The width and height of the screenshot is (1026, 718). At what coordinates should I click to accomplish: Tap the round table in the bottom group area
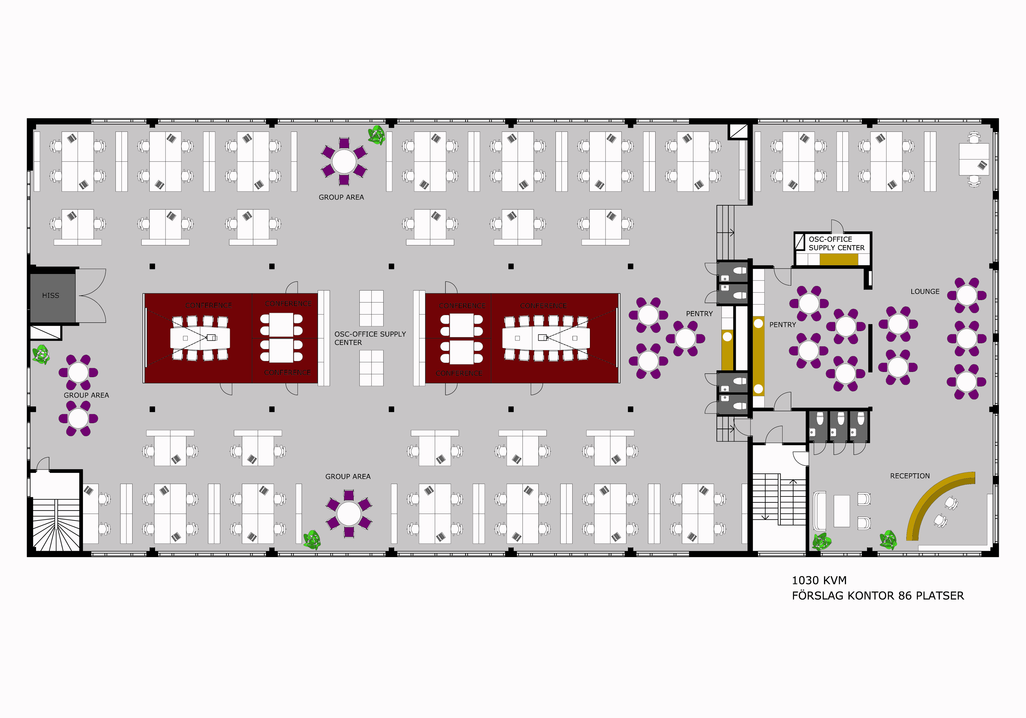(x=348, y=514)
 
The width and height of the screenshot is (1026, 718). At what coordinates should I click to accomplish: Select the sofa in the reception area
(x=820, y=511)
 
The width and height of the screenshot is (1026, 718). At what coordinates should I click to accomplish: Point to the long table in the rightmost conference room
(x=546, y=338)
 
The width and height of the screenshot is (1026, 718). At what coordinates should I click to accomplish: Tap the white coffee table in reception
(x=841, y=511)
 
